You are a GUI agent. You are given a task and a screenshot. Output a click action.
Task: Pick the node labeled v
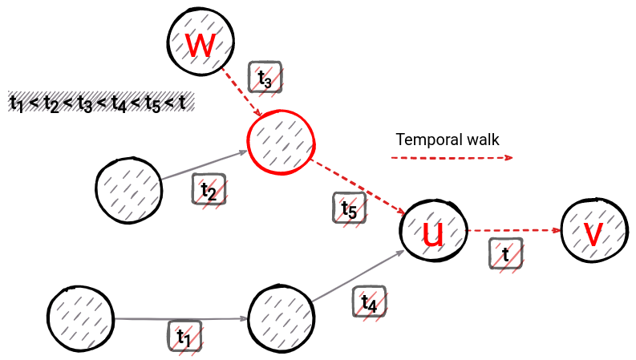[594, 231]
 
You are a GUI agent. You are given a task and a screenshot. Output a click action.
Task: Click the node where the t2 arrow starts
[128, 189]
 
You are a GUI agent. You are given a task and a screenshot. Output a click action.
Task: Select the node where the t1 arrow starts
[81, 318]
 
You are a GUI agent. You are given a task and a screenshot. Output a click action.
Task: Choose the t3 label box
[265, 78]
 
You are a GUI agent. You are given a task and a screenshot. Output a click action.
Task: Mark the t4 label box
[369, 302]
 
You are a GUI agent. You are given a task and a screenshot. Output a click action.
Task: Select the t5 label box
[349, 208]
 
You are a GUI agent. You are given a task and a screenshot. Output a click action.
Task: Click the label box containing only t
[505, 253]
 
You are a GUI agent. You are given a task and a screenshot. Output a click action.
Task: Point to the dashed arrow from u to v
[513, 230]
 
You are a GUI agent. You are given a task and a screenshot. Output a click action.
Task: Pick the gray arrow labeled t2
[205, 165]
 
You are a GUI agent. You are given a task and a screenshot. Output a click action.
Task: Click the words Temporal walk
[448, 140]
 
